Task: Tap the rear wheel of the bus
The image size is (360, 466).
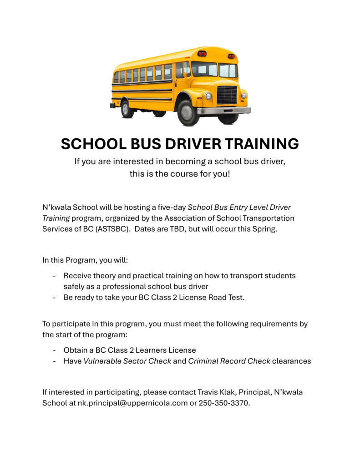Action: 127,109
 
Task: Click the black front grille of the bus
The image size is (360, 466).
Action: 227,95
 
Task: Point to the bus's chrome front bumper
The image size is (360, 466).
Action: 223,110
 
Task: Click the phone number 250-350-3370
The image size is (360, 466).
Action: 224,403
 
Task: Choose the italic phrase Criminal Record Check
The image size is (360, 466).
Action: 229,361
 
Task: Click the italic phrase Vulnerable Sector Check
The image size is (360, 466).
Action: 127,361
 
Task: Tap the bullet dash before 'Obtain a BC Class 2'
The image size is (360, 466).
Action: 55,350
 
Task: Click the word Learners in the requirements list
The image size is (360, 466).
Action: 154,350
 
